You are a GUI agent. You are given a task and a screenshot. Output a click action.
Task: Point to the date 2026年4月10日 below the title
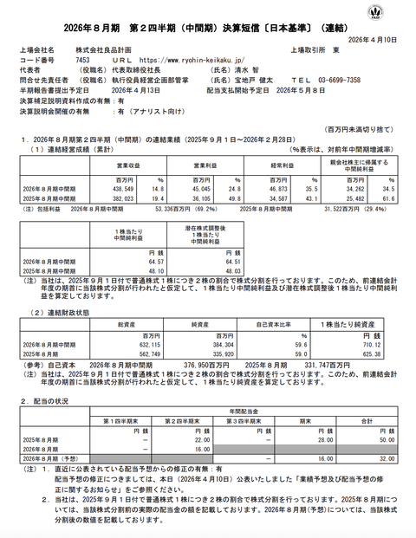pos(379,37)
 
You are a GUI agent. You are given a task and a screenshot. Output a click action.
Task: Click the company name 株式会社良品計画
pos(105,50)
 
